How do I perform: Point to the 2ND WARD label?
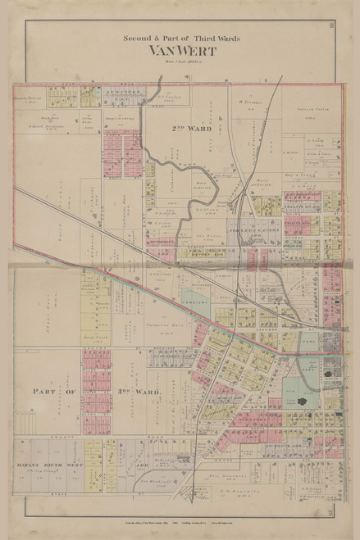pyautogui.click(x=192, y=129)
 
